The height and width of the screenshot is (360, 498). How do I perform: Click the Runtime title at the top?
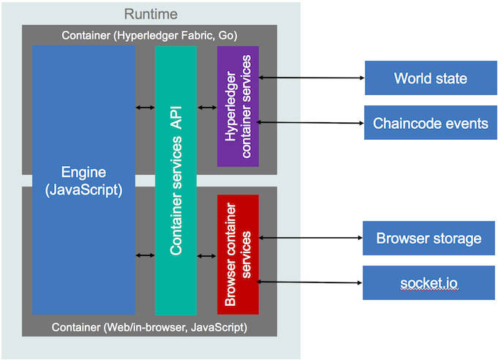click(151, 14)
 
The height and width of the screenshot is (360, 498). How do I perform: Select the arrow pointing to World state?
click(311, 78)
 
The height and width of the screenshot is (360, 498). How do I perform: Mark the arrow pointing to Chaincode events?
click(311, 122)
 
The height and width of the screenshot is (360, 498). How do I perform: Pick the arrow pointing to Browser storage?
click(311, 238)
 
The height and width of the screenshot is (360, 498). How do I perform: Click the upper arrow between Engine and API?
click(145, 108)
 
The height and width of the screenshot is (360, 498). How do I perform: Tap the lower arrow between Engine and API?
click(145, 255)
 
